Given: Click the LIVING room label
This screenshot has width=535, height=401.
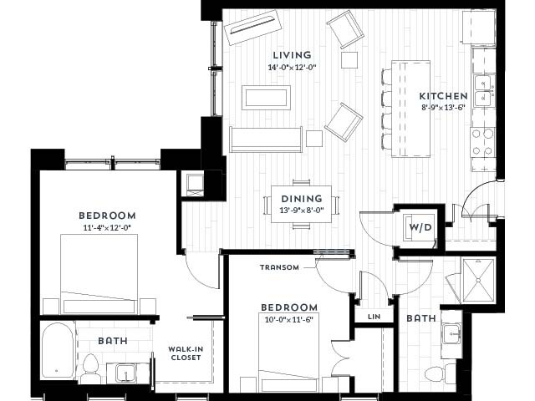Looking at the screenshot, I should (291, 55).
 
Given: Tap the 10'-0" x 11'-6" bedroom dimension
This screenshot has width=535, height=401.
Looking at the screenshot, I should (289, 320).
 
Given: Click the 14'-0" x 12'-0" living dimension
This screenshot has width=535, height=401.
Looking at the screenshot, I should (292, 68).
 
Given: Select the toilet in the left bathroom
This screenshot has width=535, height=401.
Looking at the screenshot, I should (92, 366).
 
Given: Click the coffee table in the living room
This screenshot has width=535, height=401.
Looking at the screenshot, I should (267, 98).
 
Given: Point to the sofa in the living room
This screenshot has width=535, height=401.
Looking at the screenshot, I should (266, 140).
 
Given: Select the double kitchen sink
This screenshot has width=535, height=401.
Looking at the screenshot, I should (482, 91).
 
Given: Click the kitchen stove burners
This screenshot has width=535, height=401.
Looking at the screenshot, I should (483, 144).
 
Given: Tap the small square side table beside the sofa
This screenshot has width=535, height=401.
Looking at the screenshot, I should (313, 138).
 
